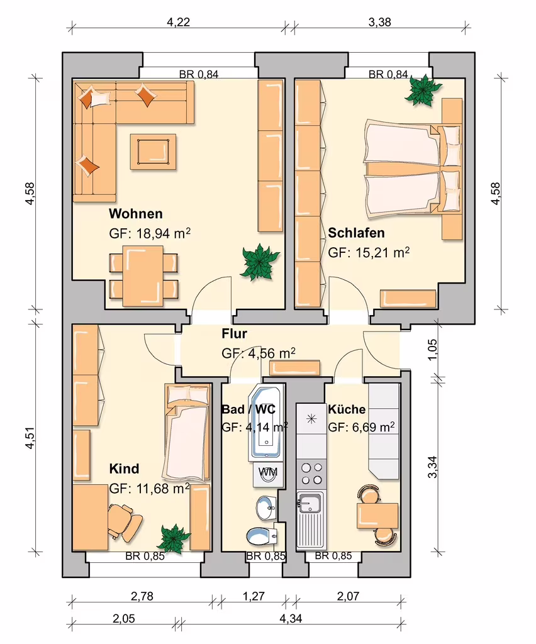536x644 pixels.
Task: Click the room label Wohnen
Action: coord(135,214)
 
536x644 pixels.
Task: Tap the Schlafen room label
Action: coord(356,233)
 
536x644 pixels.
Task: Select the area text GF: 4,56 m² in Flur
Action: coord(259,353)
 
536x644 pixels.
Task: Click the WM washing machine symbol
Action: coord(267,472)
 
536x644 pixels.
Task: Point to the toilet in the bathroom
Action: coord(262,536)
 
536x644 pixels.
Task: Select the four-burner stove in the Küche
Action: coord(312,474)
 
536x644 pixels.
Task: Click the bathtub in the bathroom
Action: coord(266,422)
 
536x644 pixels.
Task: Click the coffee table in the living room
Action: coord(154,152)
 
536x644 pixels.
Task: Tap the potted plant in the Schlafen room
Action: coord(423,91)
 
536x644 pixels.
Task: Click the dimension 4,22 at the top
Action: coord(178,22)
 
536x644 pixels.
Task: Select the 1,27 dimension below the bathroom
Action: coord(254,596)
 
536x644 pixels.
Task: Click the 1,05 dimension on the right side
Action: coord(432,350)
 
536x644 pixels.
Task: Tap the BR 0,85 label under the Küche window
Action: coord(333,556)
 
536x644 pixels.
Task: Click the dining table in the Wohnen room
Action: coord(143,276)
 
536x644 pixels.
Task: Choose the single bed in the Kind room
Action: coord(187,432)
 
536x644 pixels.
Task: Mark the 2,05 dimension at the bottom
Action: coord(124,619)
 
